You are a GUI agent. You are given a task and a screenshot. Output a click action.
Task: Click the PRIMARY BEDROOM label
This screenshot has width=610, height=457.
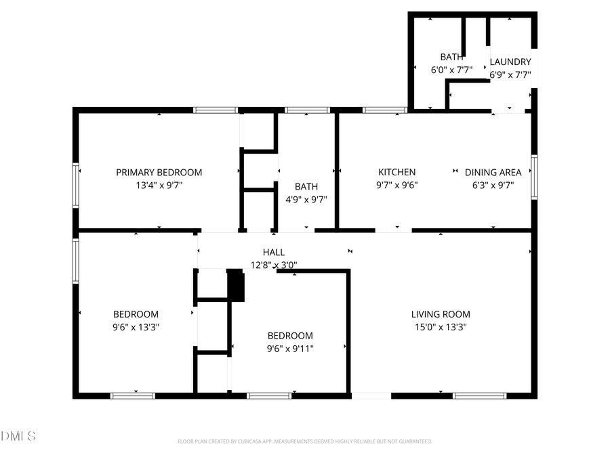click(x=159, y=173)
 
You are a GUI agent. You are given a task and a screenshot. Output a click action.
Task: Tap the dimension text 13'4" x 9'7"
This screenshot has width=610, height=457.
click(x=159, y=185)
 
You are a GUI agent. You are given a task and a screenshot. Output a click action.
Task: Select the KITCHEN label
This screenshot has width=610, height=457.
click(x=396, y=173)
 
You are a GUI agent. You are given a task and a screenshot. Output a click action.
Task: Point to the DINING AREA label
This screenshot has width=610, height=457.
click(x=493, y=173)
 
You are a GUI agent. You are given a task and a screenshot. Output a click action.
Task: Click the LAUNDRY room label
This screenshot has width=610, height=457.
click(x=510, y=62)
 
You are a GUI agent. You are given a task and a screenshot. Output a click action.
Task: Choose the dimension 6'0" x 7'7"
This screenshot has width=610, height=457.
click(x=451, y=70)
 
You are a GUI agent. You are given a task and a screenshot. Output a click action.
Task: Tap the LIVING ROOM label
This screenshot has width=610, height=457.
click(x=441, y=314)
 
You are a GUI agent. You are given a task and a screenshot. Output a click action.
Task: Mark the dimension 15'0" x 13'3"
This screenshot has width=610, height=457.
click(x=441, y=327)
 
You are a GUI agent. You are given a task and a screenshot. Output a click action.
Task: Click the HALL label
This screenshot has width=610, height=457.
click(x=274, y=253)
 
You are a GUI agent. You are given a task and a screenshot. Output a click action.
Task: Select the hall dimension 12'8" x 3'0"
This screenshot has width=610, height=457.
click(x=274, y=265)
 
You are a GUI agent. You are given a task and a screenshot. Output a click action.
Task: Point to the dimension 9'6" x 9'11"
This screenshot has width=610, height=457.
click(x=290, y=349)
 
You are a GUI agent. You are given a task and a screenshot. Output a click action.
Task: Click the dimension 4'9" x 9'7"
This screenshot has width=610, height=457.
click(x=306, y=200)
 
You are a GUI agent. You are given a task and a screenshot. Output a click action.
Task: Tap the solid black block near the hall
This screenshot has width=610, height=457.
click(x=235, y=285)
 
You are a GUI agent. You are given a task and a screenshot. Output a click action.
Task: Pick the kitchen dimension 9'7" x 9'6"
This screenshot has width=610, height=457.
click(x=396, y=185)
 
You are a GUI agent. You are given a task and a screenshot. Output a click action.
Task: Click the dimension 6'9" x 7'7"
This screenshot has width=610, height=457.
click(x=510, y=75)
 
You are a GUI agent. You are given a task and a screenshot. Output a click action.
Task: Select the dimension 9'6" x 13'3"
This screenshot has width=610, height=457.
click(x=136, y=327)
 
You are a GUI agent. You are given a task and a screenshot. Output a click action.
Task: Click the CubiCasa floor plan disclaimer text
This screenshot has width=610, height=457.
click(x=304, y=441)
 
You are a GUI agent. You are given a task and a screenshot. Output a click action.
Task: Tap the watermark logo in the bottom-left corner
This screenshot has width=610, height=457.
click(x=18, y=436)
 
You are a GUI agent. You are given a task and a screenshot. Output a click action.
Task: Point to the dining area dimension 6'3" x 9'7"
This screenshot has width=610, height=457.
click(x=493, y=185)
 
